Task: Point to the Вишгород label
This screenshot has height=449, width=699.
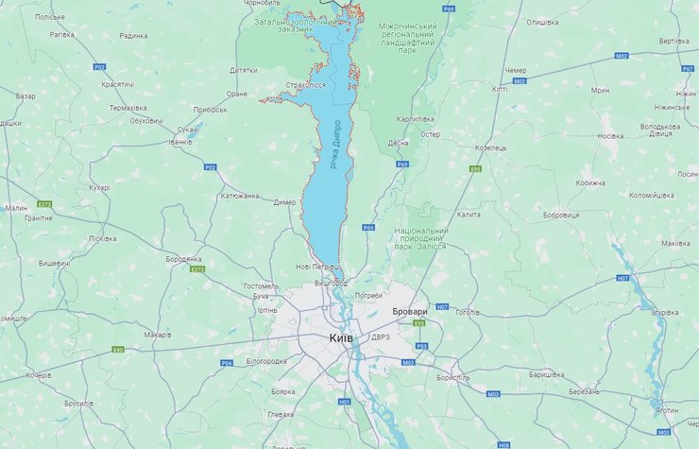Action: (x=331, y=283)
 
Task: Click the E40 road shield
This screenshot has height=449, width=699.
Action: (x=117, y=350)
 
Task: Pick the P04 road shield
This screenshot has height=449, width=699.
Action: (x=226, y=363)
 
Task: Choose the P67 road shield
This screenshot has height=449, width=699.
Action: (x=687, y=69)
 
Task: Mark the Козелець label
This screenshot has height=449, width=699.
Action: (x=490, y=147)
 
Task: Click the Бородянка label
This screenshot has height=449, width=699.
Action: (x=183, y=258)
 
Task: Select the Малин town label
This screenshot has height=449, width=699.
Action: (x=16, y=207)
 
